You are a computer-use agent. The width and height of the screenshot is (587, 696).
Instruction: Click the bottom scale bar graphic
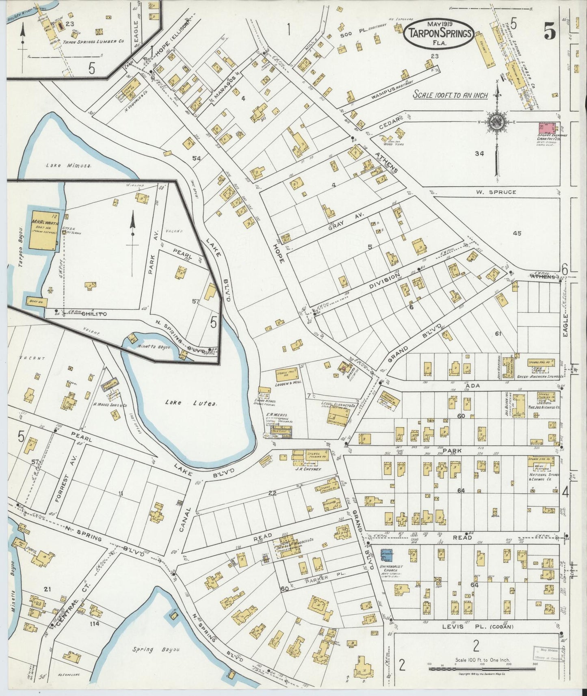pos(482,668)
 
